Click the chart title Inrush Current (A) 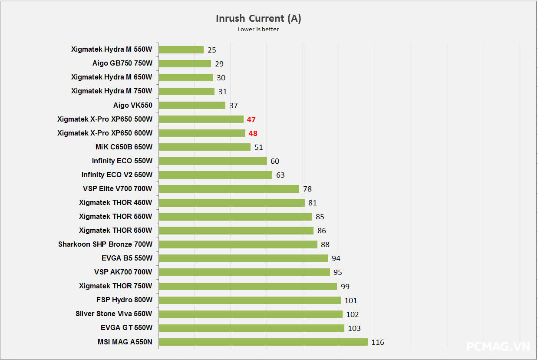tap(258, 18)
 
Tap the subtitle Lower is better tap(258, 30)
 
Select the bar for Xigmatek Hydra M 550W tap(181, 50)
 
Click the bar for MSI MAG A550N tap(263, 342)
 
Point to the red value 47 tap(251, 119)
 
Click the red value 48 tap(253, 133)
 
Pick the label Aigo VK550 tap(133, 105)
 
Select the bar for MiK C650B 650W tap(205, 147)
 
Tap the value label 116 tap(378, 342)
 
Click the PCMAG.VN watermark tap(498, 346)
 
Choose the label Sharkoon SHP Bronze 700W tap(106, 244)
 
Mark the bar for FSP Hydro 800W tap(250, 300)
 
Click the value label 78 tap(307, 189)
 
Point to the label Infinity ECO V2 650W tap(117, 175)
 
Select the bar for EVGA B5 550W tap(243, 258)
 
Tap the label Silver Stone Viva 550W tap(114, 314)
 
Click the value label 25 tap(212, 50)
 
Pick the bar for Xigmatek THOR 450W tap(231, 203)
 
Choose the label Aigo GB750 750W tap(122, 63)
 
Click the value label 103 tap(354, 328)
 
